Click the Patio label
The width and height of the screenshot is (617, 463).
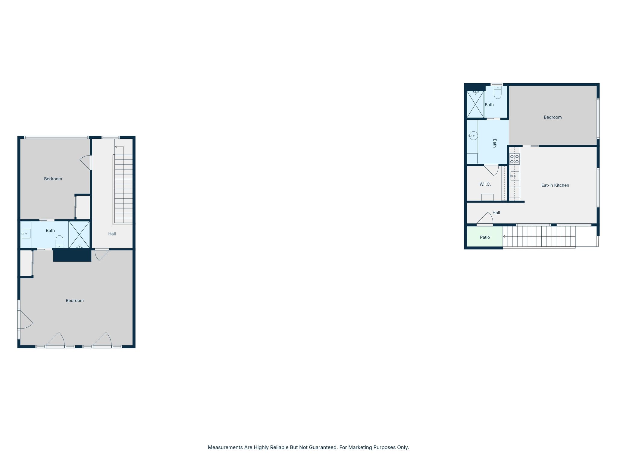click(485, 237)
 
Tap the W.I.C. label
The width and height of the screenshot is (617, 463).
click(485, 184)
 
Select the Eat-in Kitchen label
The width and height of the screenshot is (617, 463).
click(555, 185)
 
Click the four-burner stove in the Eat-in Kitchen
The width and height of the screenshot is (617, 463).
click(514, 159)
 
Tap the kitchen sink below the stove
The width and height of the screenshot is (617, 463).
click(514, 176)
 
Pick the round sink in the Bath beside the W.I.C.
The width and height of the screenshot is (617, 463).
click(473, 136)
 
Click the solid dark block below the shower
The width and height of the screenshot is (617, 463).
click(72, 255)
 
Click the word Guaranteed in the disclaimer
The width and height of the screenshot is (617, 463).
click(324, 447)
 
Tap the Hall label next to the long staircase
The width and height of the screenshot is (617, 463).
click(112, 234)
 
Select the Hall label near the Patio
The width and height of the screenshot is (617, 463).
click(496, 213)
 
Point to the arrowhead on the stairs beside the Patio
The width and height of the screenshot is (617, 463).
click(504, 237)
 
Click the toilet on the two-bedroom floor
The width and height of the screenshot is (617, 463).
click(59, 242)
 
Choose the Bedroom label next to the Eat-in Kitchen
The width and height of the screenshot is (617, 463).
click(553, 117)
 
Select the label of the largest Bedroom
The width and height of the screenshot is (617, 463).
click(75, 301)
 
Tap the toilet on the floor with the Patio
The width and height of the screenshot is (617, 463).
click(497, 92)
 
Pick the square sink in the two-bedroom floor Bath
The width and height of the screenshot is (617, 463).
click(26, 234)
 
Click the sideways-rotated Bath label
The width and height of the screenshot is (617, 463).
click(494, 143)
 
